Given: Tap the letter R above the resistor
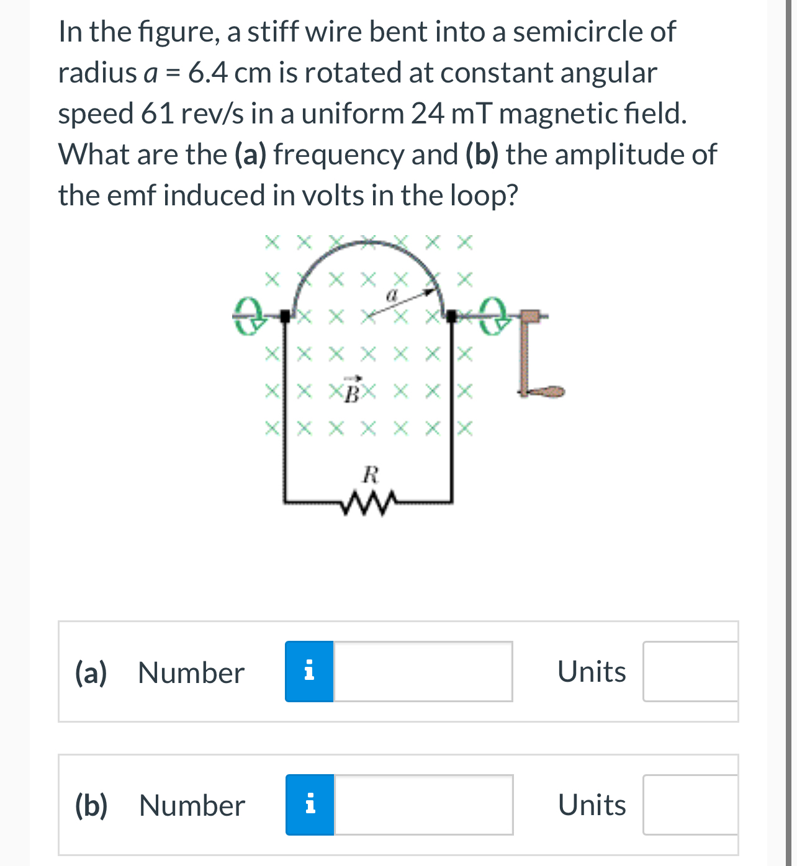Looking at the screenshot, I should tap(371, 475).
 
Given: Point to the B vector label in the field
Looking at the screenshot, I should tap(352, 390).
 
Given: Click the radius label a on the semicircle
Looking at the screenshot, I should tap(392, 296).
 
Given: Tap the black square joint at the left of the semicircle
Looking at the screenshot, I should tap(285, 316).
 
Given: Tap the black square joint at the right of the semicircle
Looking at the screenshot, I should tap(452, 316).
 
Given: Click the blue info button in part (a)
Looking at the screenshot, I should tap(309, 671).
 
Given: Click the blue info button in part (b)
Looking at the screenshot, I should tap(310, 805).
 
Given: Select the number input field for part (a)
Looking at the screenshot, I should tap(423, 671).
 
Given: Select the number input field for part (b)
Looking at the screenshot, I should tap(423, 805).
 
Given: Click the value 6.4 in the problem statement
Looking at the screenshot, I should tap(207, 73).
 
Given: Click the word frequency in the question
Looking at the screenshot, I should tap(338, 154).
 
